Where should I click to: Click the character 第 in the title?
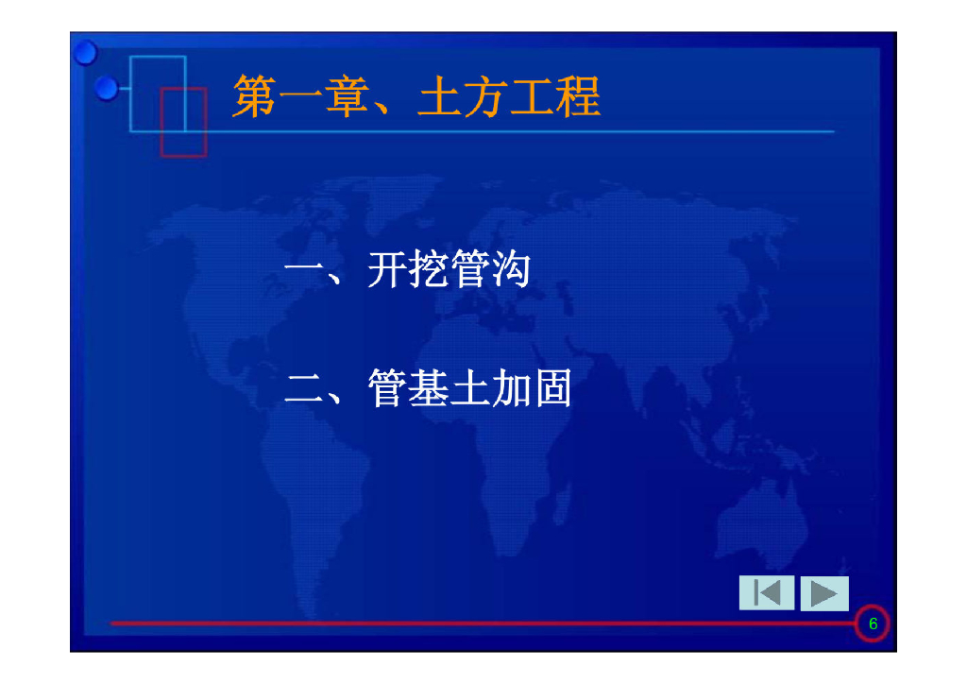pyautogui.click(x=254, y=97)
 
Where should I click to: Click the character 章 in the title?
pyautogui.click(x=347, y=97)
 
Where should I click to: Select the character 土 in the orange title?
pyautogui.click(x=439, y=97)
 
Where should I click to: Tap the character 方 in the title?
pyautogui.click(x=485, y=97)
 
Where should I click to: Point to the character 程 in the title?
pyautogui.click(x=578, y=97)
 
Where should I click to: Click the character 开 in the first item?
pyautogui.click(x=388, y=270)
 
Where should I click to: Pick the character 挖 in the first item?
pyautogui.click(x=430, y=270)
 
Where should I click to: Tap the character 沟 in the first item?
pyautogui.click(x=511, y=270)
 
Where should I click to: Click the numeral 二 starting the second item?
pyautogui.click(x=305, y=389)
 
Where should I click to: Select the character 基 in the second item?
pyautogui.click(x=430, y=389)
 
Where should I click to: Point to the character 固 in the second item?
pyautogui.click(x=552, y=389)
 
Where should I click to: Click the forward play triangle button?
pyautogui.click(x=824, y=593)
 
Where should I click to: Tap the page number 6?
pyautogui.click(x=873, y=624)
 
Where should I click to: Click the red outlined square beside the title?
pyautogui.click(x=183, y=121)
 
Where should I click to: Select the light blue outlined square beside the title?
pyautogui.click(x=158, y=94)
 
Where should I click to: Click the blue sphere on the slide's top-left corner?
pyautogui.click(x=86, y=52)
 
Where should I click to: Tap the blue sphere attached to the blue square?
pyautogui.click(x=108, y=89)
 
